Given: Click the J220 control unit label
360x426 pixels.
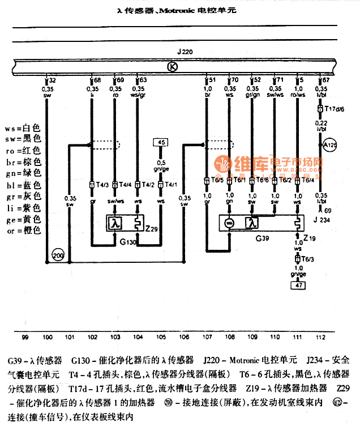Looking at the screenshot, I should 185,52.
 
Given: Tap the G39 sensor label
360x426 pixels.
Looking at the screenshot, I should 262,239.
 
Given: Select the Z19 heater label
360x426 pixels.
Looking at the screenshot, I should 310,239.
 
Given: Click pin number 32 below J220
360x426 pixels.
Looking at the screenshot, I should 53,81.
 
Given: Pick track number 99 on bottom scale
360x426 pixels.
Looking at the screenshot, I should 25,336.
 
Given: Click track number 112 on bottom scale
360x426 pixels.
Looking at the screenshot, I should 321,337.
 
